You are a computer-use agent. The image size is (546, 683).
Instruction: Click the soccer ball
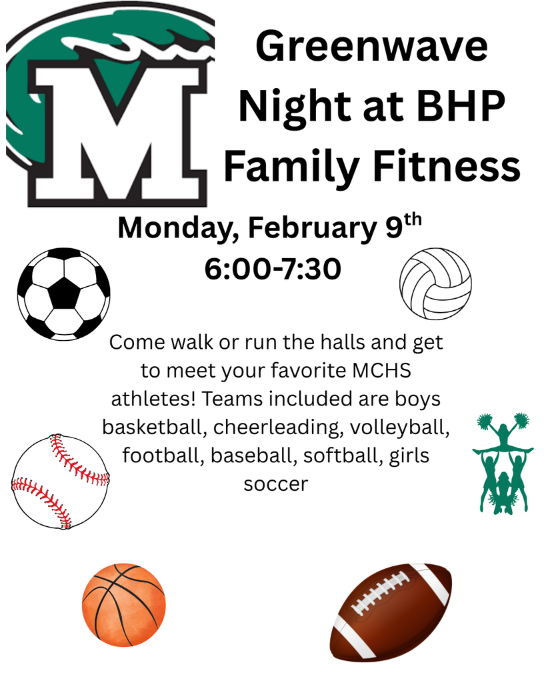tap(63, 293)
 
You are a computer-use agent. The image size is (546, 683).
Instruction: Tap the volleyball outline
tap(435, 283)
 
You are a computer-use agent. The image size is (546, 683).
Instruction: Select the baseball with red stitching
tap(60, 482)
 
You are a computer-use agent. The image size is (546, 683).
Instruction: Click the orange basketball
tap(123, 605)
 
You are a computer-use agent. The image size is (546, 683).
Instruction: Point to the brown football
tap(391, 611)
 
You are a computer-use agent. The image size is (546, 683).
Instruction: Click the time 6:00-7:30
tap(273, 269)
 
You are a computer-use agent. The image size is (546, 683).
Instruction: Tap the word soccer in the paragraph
tap(275, 484)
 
